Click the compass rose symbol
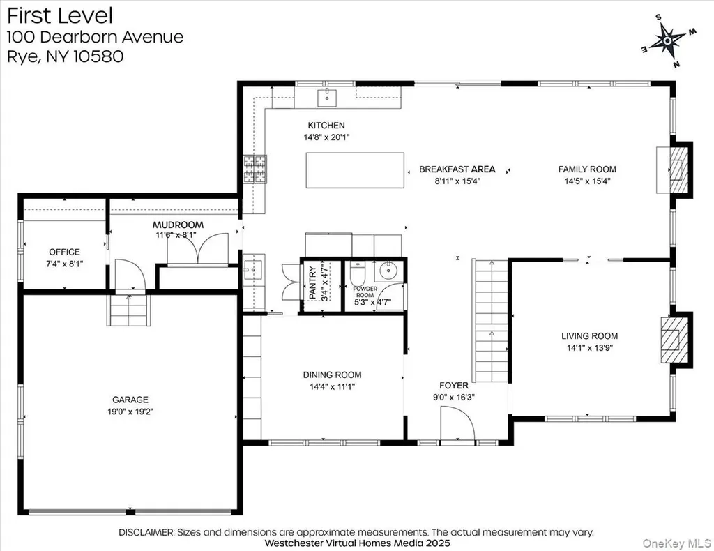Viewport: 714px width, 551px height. [x=667, y=41]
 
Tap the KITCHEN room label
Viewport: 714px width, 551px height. [x=326, y=126]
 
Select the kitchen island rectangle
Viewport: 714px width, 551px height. [x=355, y=170]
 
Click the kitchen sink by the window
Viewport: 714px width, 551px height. [x=327, y=98]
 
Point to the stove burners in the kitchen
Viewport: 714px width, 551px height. [x=255, y=169]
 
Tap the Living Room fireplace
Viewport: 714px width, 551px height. [x=676, y=339]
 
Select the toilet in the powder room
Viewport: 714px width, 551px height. [x=358, y=273]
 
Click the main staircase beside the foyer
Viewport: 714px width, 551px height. [x=491, y=321]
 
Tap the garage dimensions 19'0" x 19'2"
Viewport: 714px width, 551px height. [x=130, y=412]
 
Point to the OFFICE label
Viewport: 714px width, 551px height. [x=64, y=252]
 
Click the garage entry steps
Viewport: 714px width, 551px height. [x=129, y=310]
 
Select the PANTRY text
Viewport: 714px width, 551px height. [x=312, y=282]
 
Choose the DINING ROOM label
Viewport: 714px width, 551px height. [x=332, y=375]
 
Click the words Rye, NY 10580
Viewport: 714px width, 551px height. [x=65, y=56]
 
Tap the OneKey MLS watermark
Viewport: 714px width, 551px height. [x=676, y=543]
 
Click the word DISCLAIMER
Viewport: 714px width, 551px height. [x=146, y=532]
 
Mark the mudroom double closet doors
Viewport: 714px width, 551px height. [x=197, y=248]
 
